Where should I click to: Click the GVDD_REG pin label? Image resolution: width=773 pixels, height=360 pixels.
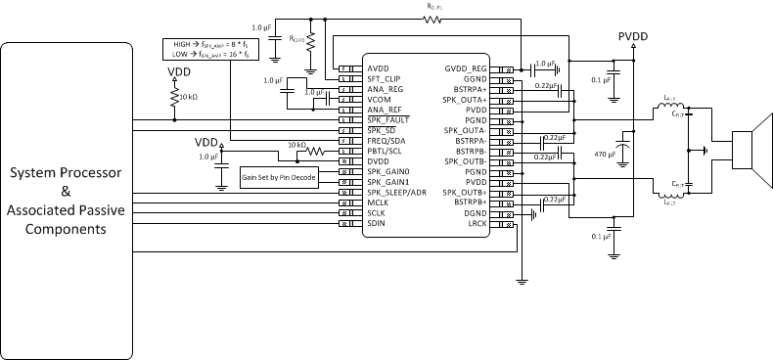tap(466, 68)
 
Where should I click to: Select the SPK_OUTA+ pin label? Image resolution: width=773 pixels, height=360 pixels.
tap(465, 100)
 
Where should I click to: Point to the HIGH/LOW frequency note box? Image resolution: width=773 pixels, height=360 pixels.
tap(204, 49)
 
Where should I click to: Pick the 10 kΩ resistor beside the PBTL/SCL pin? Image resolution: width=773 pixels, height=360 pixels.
tap(315, 152)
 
